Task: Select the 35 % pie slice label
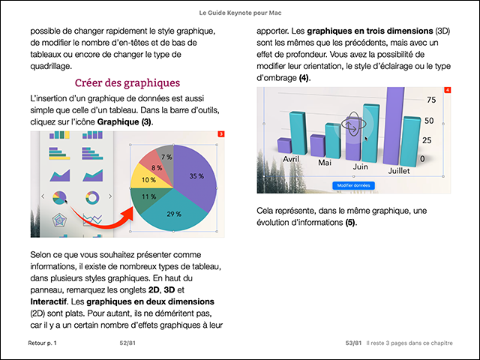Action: point(196,176)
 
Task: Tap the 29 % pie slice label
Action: point(174,214)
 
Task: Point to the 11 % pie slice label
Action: point(148,196)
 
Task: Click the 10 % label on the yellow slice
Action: point(148,180)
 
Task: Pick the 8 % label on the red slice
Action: point(156,168)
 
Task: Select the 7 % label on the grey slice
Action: point(166,157)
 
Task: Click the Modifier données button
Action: point(353,185)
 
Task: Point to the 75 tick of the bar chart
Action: point(430,100)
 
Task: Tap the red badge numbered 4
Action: point(448,90)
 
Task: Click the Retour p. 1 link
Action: point(42,343)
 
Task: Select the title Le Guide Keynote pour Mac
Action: point(240,13)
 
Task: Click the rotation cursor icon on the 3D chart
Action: point(352,124)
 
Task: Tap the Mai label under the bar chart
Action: point(325,163)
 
